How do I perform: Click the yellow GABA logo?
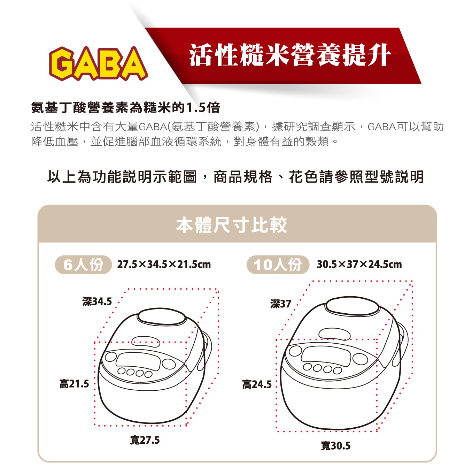98,63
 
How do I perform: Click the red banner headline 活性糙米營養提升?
290,55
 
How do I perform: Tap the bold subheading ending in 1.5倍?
125,107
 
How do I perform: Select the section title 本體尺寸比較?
231,225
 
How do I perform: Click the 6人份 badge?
83,265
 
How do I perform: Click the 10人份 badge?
278,265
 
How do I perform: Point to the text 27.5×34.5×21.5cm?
164,265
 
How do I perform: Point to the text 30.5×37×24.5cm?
359,265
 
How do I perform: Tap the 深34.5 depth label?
97,301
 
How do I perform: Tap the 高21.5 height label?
74,384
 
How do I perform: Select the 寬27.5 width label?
145,440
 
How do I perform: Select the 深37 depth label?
280,304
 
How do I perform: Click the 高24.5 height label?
257,385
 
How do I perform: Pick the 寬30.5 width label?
336,446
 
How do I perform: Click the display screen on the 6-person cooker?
138,361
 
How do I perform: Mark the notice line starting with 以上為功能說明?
235,177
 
